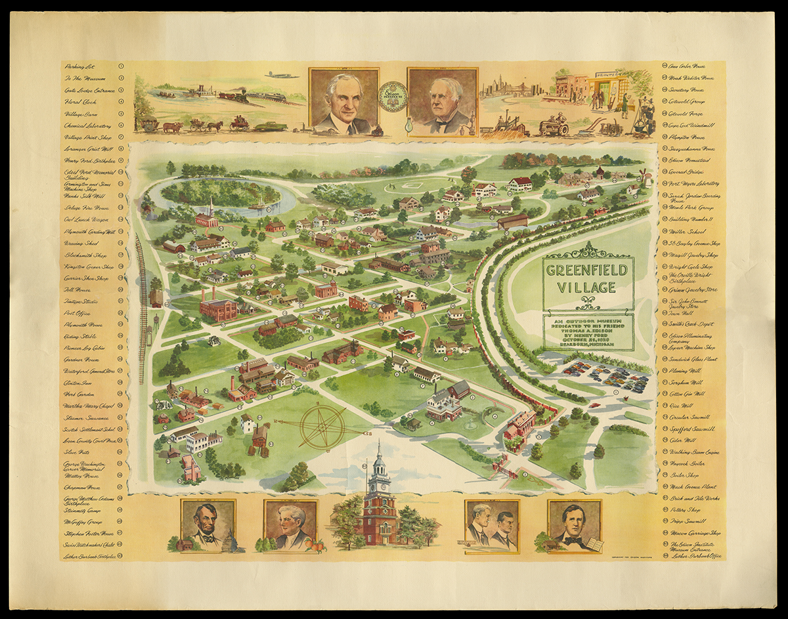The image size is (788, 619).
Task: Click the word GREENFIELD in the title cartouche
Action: click(x=588, y=269)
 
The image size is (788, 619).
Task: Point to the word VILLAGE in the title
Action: click(x=588, y=287)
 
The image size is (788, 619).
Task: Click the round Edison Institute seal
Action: click(x=393, y=96)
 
